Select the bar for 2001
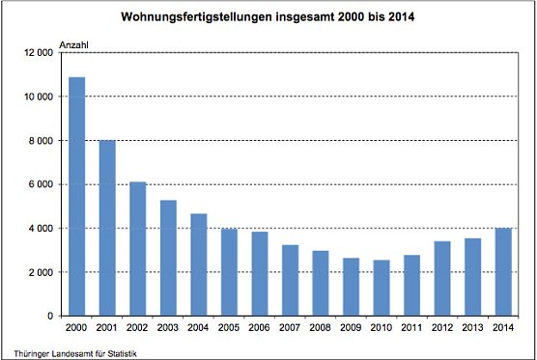point(106,228)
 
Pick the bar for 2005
point(228,272)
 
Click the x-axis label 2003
point(167,328)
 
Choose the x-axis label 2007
point(289,328)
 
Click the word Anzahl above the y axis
point(75,45)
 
